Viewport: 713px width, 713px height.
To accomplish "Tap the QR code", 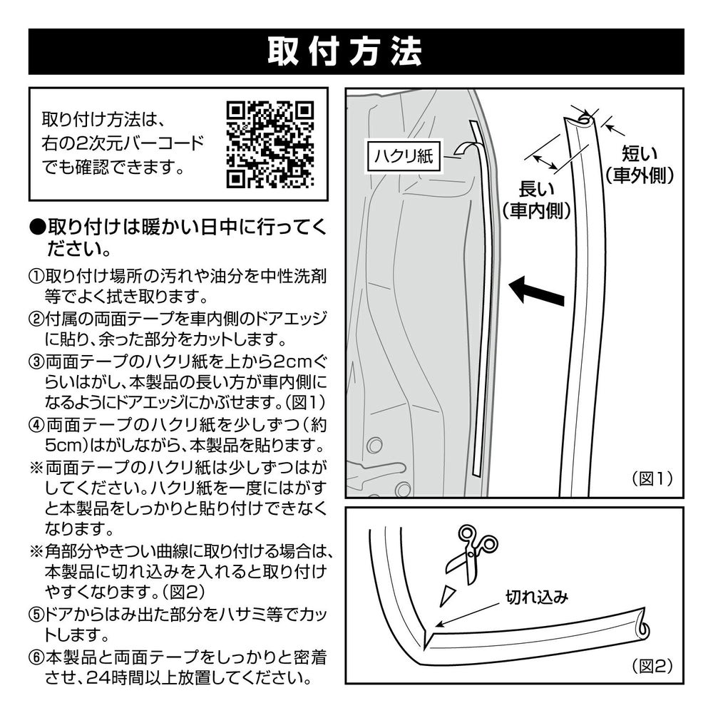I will [x=270, y=143].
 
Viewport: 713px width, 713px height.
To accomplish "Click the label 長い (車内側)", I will [x=536, y=200].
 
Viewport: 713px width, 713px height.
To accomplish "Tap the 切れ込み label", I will [x=536, y=597].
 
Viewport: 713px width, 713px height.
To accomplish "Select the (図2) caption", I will [x=652, y=667].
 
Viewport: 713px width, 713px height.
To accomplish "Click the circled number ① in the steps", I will [x=36, y=275].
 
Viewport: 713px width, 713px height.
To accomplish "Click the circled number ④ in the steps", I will [x=36, y=425].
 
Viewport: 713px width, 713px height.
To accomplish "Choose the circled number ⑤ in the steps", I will [x=36, y=612].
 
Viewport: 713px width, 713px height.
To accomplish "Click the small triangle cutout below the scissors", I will [x=447, y=593].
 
